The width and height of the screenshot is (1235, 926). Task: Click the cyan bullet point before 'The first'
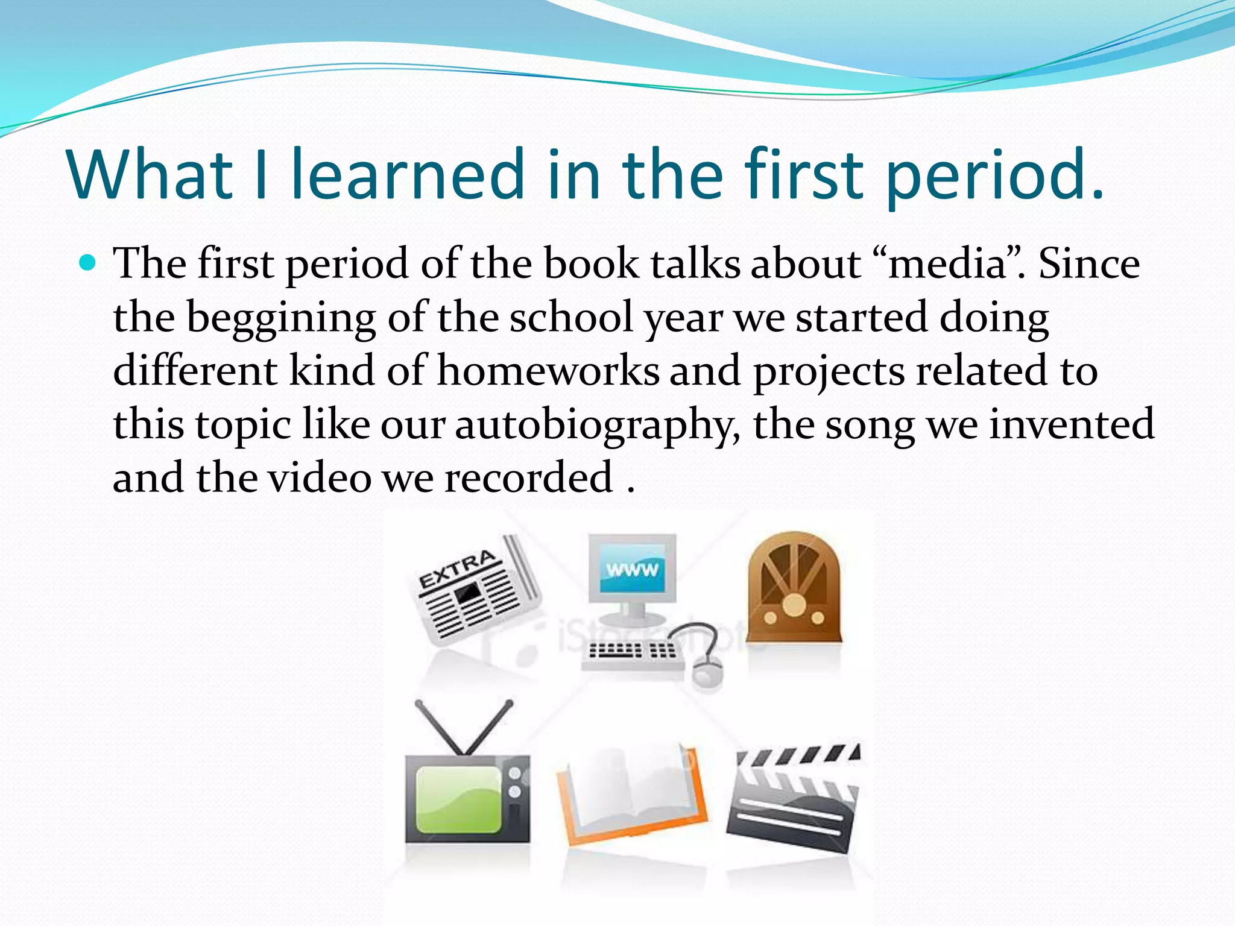click(x=88, y=263)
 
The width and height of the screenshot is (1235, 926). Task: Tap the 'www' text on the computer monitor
click(x=632, y=570)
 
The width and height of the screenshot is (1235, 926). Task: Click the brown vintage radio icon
click(x=794, y=588)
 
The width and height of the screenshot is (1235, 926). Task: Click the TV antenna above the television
click(x=464, y=726)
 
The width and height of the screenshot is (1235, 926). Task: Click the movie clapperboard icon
click(x=794, y=796)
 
